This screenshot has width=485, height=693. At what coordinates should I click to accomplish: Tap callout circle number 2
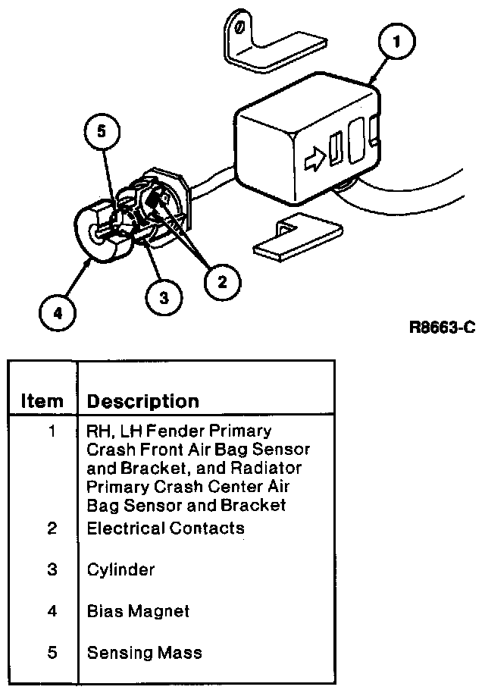(x=221, y=282)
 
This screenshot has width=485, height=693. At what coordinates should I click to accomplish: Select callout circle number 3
(x=164, y=297)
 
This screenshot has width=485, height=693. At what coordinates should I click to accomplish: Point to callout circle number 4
(x=58, y=312)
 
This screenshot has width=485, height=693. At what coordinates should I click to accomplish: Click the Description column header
(x=142, y=401)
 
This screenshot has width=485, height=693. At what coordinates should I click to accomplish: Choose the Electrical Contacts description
(x=166, y=528)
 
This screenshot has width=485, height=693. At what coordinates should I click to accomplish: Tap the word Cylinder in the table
(x=121, y=569)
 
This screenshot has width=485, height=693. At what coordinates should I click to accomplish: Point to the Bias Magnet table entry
(x=138, y=610)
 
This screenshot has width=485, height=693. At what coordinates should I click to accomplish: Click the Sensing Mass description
(x=144, y=651)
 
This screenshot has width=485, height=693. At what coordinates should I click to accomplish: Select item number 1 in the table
(x=52, y=432)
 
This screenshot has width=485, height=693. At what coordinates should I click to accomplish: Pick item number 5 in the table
(x=52, y=651)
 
